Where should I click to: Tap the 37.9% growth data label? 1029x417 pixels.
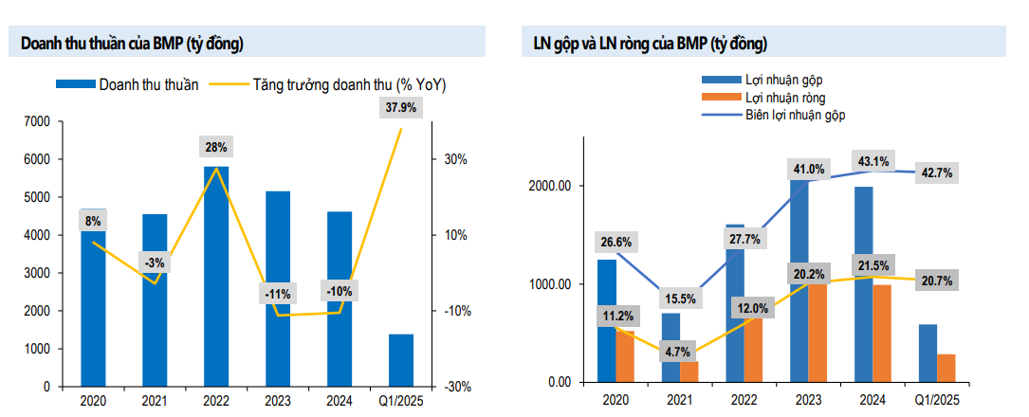[x=401, y=108]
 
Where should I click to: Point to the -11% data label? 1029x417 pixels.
[x=278, y=294]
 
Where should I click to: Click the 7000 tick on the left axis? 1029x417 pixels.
[x=37, y=121]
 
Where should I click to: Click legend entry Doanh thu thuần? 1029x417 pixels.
[x=148, y=84]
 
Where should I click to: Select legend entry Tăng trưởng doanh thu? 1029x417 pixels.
[x=348, y=84]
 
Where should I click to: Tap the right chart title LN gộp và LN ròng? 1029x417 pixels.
[x=645, y=44]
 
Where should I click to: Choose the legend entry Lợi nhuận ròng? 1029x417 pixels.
[x=784, y=98]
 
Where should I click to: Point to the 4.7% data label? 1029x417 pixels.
[x=677, y=352]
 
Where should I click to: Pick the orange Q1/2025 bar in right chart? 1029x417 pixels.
[x=945, y=369]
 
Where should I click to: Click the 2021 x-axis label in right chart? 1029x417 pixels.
[x=679, y=402]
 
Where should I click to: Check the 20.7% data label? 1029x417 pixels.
[x=936, y=281]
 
